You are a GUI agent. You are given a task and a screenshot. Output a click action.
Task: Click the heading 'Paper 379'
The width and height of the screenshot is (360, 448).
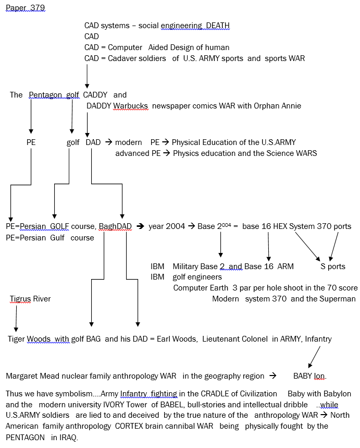coord(26,8)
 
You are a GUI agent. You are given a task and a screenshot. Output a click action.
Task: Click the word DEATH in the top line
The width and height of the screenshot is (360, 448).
coord(218,26)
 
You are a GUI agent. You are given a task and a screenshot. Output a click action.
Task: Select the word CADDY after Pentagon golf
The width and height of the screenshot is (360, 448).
coord(95,94)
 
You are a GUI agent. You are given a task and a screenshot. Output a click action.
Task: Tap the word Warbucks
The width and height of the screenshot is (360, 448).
coord(130,106)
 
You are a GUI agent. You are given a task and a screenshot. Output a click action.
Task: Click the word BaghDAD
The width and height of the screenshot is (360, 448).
coord(115,226)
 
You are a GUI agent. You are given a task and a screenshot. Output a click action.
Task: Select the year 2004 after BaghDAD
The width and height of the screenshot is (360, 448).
coord(167,226)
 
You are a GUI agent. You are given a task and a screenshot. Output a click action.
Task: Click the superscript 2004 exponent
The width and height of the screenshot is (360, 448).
coord(227,225)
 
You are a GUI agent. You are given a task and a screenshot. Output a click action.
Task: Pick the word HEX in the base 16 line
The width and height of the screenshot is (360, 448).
coord(280,226)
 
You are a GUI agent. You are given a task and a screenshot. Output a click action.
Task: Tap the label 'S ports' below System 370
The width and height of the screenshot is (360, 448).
coord(333,267)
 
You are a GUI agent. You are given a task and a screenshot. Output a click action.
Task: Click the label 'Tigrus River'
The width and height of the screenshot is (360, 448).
coord(30,299)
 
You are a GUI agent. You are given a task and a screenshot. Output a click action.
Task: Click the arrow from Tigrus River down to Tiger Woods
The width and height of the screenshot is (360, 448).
coord(16,319)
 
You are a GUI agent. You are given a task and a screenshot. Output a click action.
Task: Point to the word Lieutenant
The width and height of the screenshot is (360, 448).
coord(220,339)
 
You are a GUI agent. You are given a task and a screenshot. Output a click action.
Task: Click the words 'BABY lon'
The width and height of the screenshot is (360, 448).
coord(310,376)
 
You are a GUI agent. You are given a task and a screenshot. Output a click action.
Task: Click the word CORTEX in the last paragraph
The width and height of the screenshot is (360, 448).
coord(129,426)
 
